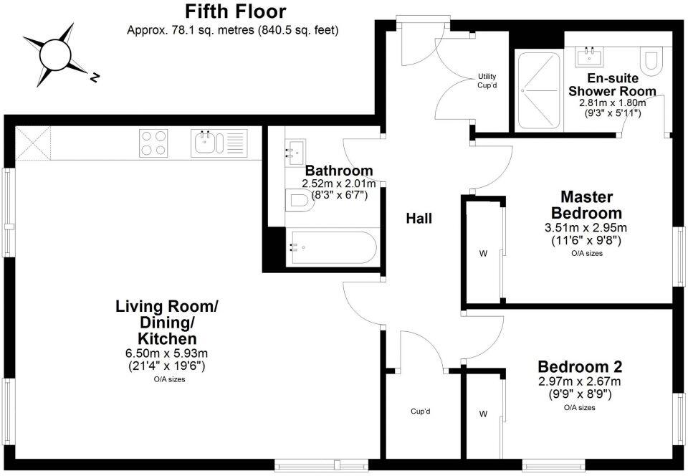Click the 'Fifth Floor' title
coord(235,12)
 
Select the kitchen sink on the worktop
coord(219,142)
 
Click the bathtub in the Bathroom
coord(331,248)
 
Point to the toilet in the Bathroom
coord(300,200)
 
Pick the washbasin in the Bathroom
coord(294,153)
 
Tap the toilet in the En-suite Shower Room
coord(651,62)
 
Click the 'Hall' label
coord(419,219)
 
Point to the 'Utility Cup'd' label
coord(487,81)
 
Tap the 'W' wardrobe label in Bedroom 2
coord(482,414)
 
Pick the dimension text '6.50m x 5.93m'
coord(166,353)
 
